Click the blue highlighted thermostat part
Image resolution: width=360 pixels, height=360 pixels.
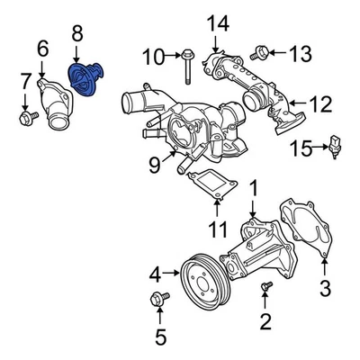[x=88, y=78]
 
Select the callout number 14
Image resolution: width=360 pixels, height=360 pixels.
[x=218, y=23]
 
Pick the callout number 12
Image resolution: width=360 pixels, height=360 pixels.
[x=319, y=104]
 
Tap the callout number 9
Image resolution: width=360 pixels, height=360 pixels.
[x=155, y=164]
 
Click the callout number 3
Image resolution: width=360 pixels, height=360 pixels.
[x=325, y=288]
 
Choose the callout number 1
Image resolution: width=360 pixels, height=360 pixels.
[x=254, y=188]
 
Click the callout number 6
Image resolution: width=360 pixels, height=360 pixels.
[x=41, y=47]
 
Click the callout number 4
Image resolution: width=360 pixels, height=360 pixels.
[x=155, y=273]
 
